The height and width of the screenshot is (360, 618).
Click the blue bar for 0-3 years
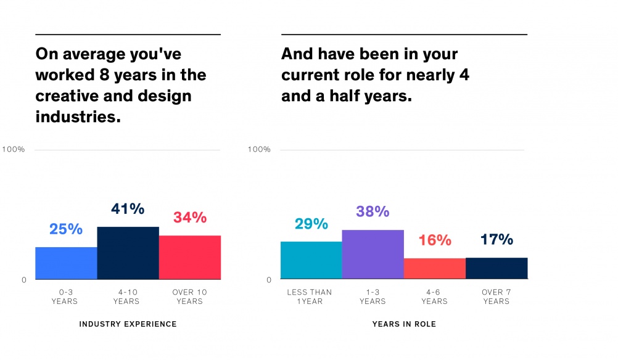(x=66, y=263)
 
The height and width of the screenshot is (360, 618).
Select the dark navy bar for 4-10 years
(x=128, y=253)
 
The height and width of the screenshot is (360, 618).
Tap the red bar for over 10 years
(x=189, y=257)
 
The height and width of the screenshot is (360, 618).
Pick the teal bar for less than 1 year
(x=311, y=260)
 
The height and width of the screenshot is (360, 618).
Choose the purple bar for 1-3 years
(x=373, y=254)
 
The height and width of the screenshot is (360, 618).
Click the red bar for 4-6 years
(x=434, y=268)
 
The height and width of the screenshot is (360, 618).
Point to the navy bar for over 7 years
(x=496, y=268)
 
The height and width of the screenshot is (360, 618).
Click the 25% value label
(x=66, y=229)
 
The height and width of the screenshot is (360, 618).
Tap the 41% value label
(x=128, y=208)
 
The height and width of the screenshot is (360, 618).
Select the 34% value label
(x=189, y=217)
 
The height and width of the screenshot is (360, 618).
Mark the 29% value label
(x=311, y=223)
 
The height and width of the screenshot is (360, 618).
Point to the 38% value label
(x=373, y=211)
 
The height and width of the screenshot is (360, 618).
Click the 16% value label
(x=435, y=240)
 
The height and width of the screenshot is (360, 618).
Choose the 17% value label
(x=496, y=239)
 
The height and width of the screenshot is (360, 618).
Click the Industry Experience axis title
(x=128, y=324)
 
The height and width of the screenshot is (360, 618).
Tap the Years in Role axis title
(x=404, y=324)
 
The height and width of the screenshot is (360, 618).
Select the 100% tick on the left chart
(x=14, y=150)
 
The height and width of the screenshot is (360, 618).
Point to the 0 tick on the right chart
(x=268, y=280)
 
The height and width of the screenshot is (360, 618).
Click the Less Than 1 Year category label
(x=310, y=297)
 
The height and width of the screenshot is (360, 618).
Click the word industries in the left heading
(x=78, y=117)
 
